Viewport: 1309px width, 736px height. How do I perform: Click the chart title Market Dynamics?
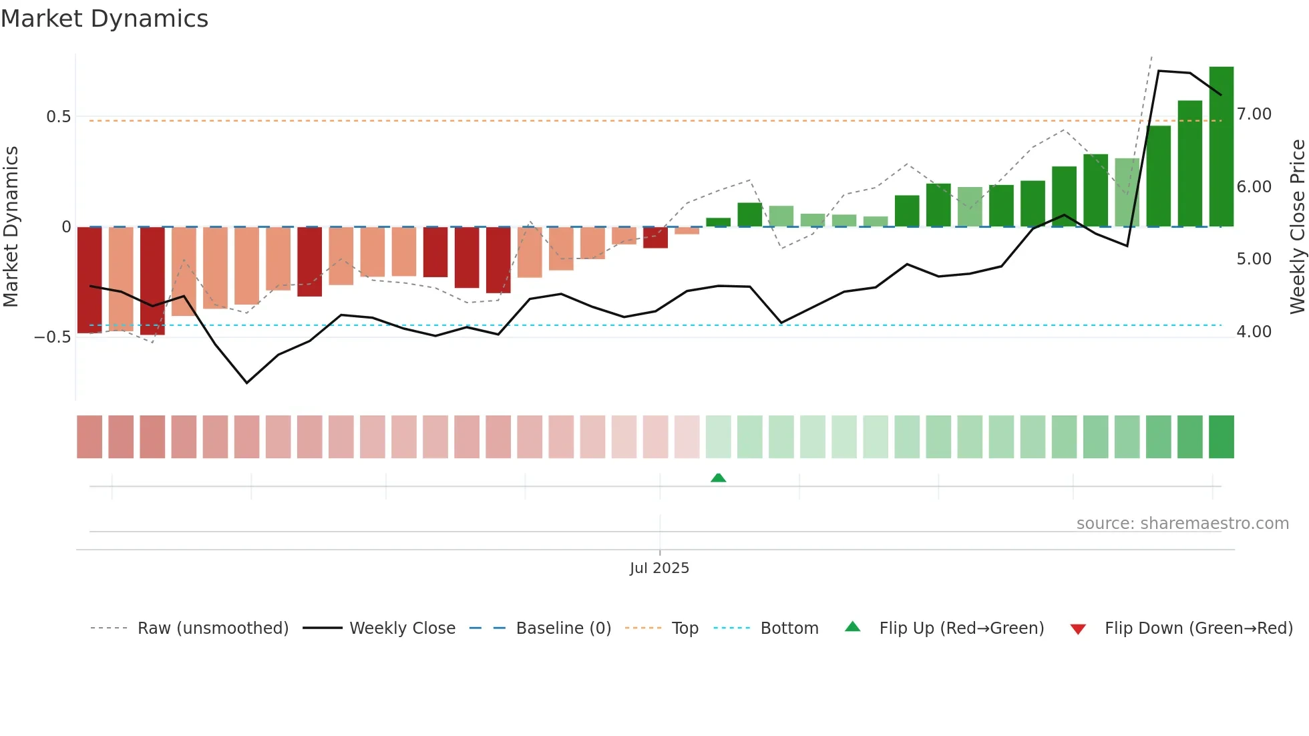(x=104, y=19)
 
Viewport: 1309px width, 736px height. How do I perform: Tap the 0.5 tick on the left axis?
(x=58, y=117)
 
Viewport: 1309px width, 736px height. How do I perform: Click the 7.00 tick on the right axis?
(x=1254, y=114)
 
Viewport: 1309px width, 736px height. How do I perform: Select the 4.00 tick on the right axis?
(x=1254, y=332)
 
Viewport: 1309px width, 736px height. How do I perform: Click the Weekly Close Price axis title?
(x=1297, y=227)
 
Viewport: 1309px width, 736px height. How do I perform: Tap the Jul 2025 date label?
(x=659, y=568)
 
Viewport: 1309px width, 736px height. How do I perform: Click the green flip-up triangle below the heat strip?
(x=718, y=478)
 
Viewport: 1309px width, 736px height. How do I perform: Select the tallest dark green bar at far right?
(x=1221, y=147)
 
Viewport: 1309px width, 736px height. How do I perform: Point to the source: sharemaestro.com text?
(x=1182, y=524)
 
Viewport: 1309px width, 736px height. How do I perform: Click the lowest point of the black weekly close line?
(x=246, y=383)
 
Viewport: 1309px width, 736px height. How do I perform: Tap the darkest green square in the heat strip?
(x=1221, y=437)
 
